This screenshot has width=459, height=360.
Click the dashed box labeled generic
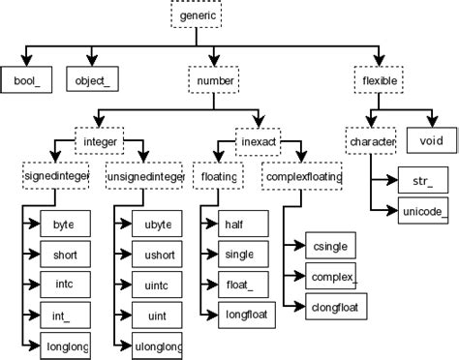point(199,15)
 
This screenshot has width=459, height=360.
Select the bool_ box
point(26,79)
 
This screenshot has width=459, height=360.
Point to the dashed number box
point(214,79)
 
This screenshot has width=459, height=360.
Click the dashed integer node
point(103,143)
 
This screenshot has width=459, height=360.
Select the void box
point(431,143)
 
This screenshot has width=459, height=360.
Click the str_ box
point(424,181)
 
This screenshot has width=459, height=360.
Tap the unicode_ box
point(424,209)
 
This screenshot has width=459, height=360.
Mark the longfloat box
point(243,314)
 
